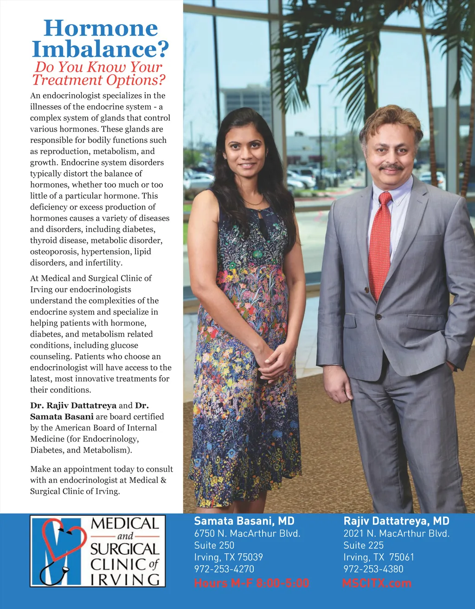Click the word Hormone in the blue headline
coord(101,28)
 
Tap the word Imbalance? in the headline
coord(100,49)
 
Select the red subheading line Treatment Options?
coord(99,80)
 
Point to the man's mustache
coord(391,166)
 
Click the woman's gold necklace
coord(253,202)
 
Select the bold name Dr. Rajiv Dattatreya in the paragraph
coord(73,406)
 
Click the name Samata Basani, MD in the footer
coord(244,521)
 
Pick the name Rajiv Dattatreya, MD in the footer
coord(396,521)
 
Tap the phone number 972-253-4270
coord(224,569)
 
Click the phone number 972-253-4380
coord(373,569)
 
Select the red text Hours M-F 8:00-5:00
coord(251,583)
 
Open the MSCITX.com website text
coord(377,583)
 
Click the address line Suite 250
coord(214,545)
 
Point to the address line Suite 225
coord(364,545)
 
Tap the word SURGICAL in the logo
coord(124,550)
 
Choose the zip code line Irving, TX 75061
coord(379,557)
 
